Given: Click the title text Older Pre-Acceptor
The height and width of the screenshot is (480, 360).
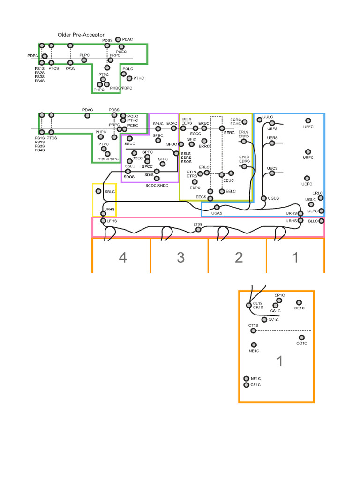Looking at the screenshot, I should (x=81, y=35).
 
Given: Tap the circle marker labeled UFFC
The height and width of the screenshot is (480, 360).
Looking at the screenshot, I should (x=308, y=121).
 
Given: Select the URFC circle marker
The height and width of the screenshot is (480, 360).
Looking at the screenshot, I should (x=308, y=151).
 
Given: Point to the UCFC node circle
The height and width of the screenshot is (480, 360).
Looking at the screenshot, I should (x=307, y=178).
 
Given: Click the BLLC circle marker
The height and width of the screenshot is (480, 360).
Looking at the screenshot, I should (x=321, y=221).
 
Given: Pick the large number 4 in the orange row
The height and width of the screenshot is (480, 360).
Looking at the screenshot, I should (x=122, y=257).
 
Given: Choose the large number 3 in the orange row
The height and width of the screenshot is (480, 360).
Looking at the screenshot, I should (x=181, y=257).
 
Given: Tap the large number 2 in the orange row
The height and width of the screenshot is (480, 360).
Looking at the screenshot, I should (x=239, y=257).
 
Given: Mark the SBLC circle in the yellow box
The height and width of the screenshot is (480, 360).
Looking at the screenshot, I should (x=98, y=191).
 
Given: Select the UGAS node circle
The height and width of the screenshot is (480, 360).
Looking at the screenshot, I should (x=217, y=207).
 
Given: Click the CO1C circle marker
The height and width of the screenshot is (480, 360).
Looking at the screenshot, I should (x=301, y=337).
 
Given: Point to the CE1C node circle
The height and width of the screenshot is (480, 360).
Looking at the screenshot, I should (x=299, y=302).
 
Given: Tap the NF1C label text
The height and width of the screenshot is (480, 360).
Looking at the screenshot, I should (x=255, y=378).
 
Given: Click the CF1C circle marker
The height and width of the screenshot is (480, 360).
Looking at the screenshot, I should (x=247, y=385).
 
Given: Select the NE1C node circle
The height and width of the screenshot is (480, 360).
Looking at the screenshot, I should (x=254, y=345).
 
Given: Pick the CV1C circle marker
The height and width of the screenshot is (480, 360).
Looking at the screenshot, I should (x=264, y=320).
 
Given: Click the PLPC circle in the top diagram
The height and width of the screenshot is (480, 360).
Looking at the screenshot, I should (x=84, y=60).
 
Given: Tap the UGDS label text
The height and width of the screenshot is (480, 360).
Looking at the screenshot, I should (x=274, y=198).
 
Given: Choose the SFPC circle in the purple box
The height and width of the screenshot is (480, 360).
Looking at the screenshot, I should (x=163, y=165).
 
